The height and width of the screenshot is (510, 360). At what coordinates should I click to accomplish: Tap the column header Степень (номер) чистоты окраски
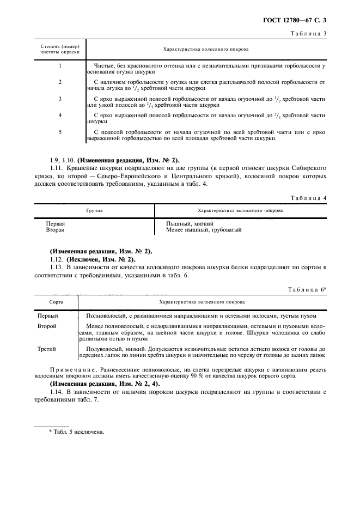60,50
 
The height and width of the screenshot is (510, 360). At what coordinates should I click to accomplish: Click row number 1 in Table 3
60,66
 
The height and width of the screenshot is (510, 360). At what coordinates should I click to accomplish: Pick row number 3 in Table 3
60,99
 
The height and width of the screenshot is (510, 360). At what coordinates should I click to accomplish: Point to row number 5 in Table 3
60,132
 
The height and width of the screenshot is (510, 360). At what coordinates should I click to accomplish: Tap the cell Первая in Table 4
56,223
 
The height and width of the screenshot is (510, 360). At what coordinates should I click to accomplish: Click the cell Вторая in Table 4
56,230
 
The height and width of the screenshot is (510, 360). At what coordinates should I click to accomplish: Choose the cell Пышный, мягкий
190,223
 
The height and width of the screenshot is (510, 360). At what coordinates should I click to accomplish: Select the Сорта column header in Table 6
56,301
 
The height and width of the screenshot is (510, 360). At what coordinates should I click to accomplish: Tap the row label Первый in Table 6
47,315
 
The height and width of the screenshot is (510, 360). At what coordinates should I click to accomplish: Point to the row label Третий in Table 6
46,349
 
